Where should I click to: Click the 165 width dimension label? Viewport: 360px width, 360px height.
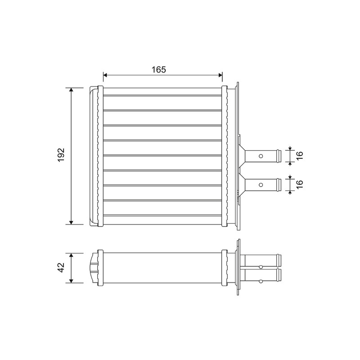tap(159, 69)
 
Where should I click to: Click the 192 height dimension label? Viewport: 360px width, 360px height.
tap(61, 155)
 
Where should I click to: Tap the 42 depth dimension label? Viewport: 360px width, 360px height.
tap(61, 267)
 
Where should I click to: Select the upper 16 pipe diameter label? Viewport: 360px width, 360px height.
tap(300, 156)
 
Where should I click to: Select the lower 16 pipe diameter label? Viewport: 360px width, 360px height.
tap(300, 184)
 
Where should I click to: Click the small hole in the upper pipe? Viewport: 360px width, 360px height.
tap(261, 156)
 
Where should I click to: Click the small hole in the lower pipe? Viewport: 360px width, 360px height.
tap(261, 184)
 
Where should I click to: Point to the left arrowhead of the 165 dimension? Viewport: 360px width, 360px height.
tap(105, 75)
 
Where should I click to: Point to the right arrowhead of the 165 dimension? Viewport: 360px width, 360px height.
tap(220, 75)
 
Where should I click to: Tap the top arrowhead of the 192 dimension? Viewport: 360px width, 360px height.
tap(71, 90)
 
